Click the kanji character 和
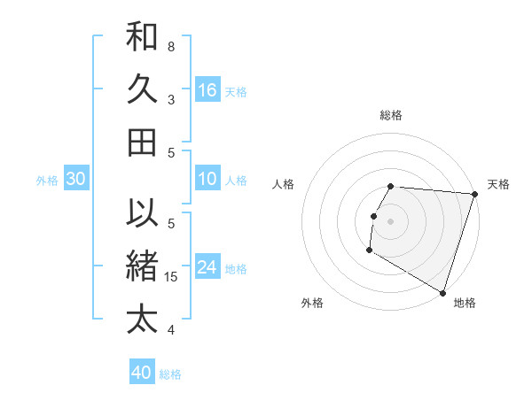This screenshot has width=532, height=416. tap(142, 37)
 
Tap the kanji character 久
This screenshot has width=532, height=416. tap(142, 89)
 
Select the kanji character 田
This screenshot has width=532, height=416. tap(142, 142)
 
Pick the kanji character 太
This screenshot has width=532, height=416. tap(142, 318)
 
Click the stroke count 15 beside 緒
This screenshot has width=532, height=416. tap(172, 277)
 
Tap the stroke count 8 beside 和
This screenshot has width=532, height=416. tap(171, 46)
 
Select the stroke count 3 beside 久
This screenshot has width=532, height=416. tap(171, 99)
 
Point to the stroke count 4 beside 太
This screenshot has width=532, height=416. tap(171, 330)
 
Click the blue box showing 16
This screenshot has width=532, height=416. tap(207, 90)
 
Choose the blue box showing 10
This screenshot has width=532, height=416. tap(207, 180)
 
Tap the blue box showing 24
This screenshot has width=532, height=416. tap(207, 268)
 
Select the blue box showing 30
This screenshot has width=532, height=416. tap(75, 180)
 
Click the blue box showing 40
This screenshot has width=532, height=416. tap(142, 373)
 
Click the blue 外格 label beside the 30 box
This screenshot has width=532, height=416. tap(47, 181)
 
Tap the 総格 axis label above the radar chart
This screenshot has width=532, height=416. tap(391, 115)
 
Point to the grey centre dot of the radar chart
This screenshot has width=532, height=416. tap(390, 221)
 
